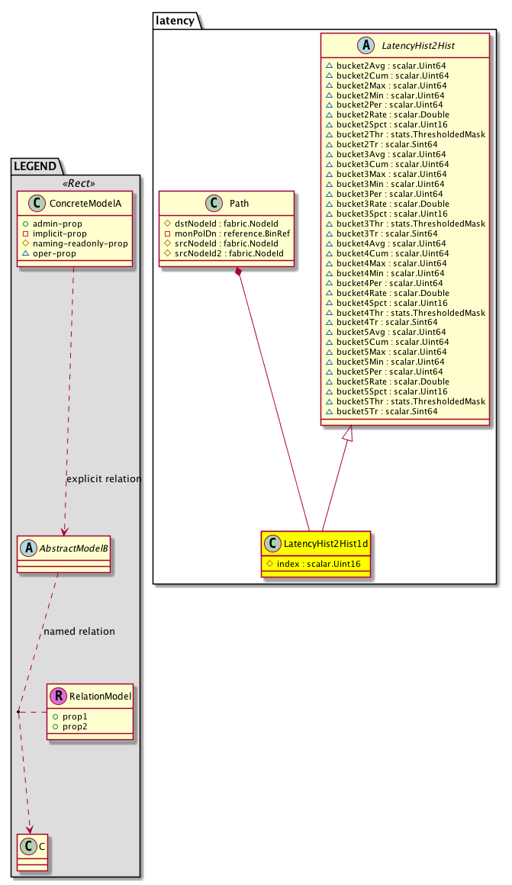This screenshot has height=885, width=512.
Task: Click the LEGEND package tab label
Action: pyautogui.click(x=35, y=166)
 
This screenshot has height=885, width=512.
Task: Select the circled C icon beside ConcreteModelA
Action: pyautogui.click(x=34, y=204)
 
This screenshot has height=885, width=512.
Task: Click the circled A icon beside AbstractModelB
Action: pyautogui.click(x=27, y=546)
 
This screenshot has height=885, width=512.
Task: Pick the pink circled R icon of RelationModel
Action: pyautogui.click(x=58, y=695)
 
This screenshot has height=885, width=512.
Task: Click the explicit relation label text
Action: pyautogui.click(x=104, y=479)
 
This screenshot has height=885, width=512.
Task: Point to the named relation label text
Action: pyautogui.click(x=79, y=631)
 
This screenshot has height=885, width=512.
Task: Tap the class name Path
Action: pyautogui.click(x=239, y=204)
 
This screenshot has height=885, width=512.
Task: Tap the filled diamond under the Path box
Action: pyautogui.click(x=240, y=272)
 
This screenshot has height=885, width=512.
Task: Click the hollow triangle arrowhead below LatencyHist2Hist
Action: pyautogui.click(x=347, y=434)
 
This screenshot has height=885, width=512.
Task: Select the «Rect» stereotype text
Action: pyautogui.click(x=74, y=183)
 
